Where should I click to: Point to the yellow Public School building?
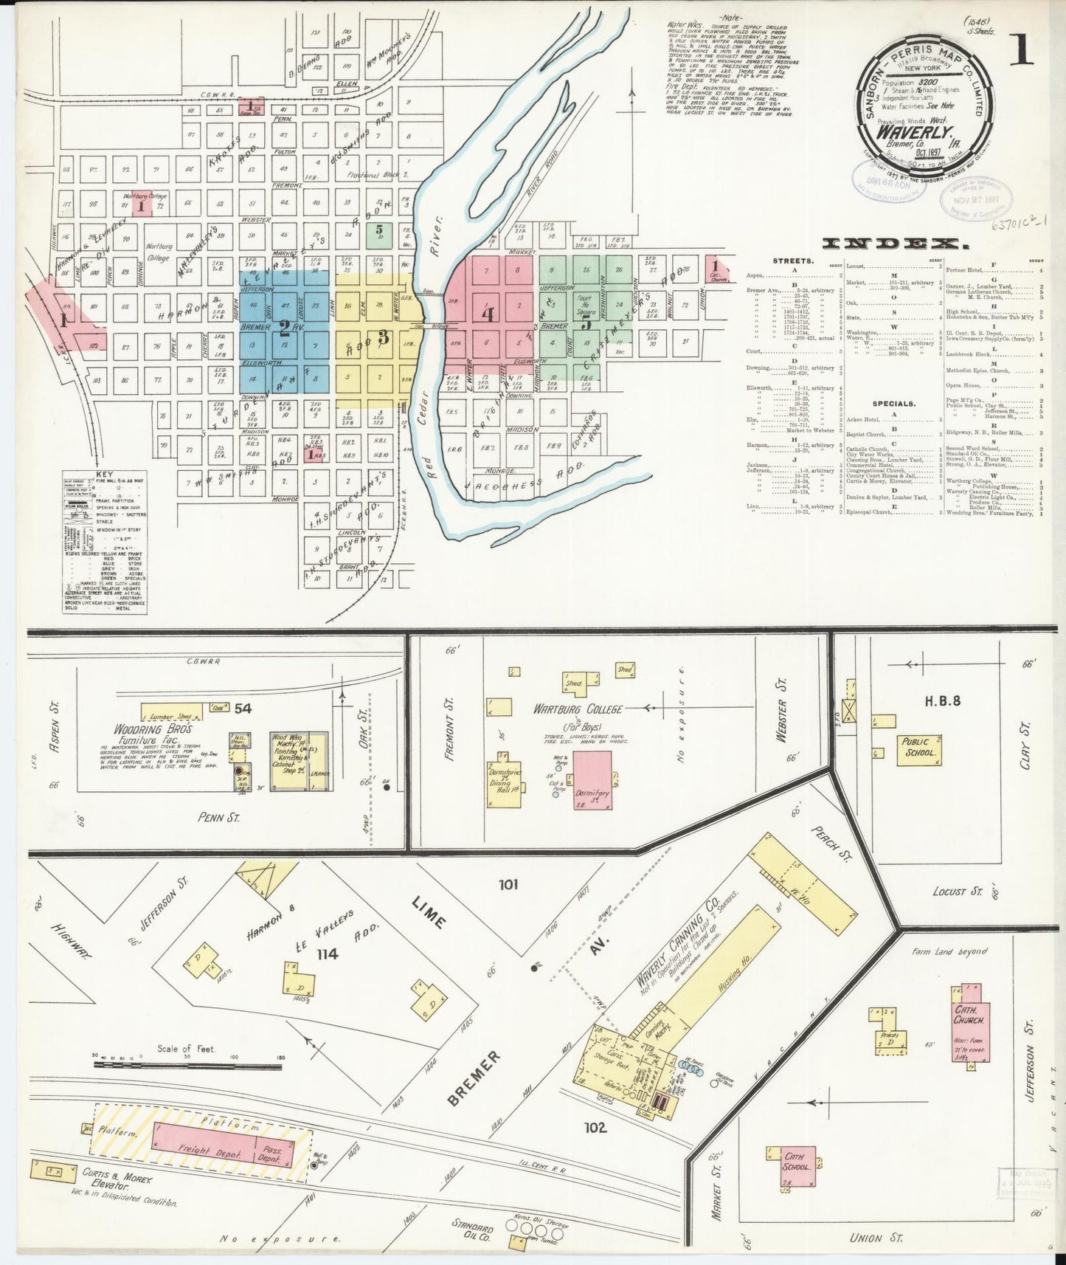918,748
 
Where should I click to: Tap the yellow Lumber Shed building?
170,716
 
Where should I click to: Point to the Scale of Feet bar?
187,1065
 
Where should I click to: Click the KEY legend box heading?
104,474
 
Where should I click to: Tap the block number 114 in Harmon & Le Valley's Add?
326,954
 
